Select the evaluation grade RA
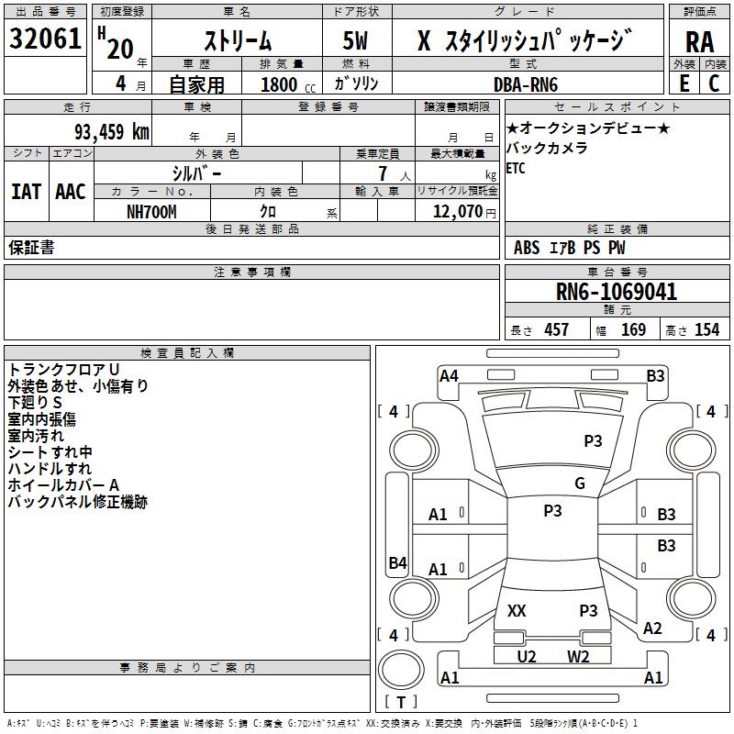[x=700, y=42]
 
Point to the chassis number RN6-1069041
[x=616, y=293]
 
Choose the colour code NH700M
[x=151, y=211]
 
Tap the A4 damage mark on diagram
[x=449, y=375]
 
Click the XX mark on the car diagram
[x=517, y=611]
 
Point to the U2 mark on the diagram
[x=527, y=656]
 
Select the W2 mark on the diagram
[x=578, y=656]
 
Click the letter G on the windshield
[x=580, y=484]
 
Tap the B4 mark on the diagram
[x=397, y=563]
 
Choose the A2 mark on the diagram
[x=652, y=628]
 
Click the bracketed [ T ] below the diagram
[x=401, y=703]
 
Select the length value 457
[x=556, y=330]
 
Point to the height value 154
[x=706, y=330]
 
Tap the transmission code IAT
[x=26, y=192]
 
